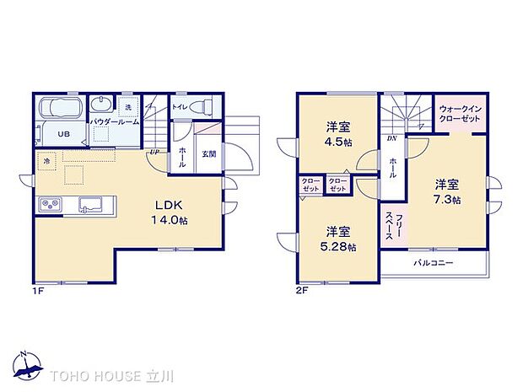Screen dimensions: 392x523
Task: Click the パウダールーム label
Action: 113,123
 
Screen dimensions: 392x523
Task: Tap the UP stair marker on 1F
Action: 154,152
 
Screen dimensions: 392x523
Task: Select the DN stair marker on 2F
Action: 391,137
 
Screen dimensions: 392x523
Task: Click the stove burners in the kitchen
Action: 49,205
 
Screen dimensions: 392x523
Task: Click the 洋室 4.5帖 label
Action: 339,135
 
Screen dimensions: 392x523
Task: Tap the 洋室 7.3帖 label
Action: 447,191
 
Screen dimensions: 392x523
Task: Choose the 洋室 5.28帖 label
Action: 339,239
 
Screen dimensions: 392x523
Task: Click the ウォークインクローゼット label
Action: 461,114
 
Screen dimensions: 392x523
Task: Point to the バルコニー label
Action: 434,264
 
